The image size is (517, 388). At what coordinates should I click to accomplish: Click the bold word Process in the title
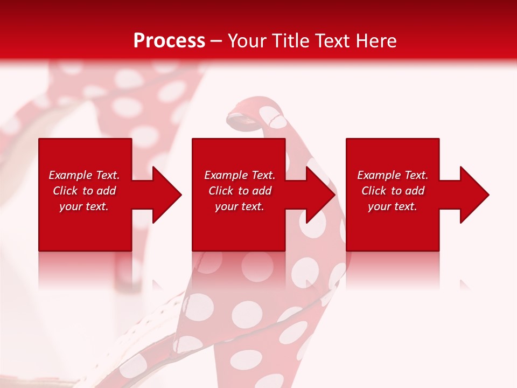[169, 41]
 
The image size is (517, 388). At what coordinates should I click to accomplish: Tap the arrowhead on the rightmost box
[473, 195]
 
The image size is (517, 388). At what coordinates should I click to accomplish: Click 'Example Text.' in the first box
[84, 175]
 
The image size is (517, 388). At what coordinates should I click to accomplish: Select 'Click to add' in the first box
[84, 191]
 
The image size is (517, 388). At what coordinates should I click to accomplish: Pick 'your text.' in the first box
[84, 206]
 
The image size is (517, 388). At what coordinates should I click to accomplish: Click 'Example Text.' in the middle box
[239, 175]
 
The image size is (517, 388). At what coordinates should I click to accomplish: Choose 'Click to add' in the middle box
[239, 191]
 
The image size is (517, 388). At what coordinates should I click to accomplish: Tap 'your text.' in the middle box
[239, 206]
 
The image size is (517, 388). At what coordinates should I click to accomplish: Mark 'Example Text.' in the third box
[393, 175]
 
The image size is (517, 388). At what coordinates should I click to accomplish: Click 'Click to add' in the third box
[393, 191]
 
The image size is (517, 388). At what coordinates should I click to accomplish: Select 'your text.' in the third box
[393, 206]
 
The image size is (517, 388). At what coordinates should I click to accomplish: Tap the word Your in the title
[247, 41]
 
